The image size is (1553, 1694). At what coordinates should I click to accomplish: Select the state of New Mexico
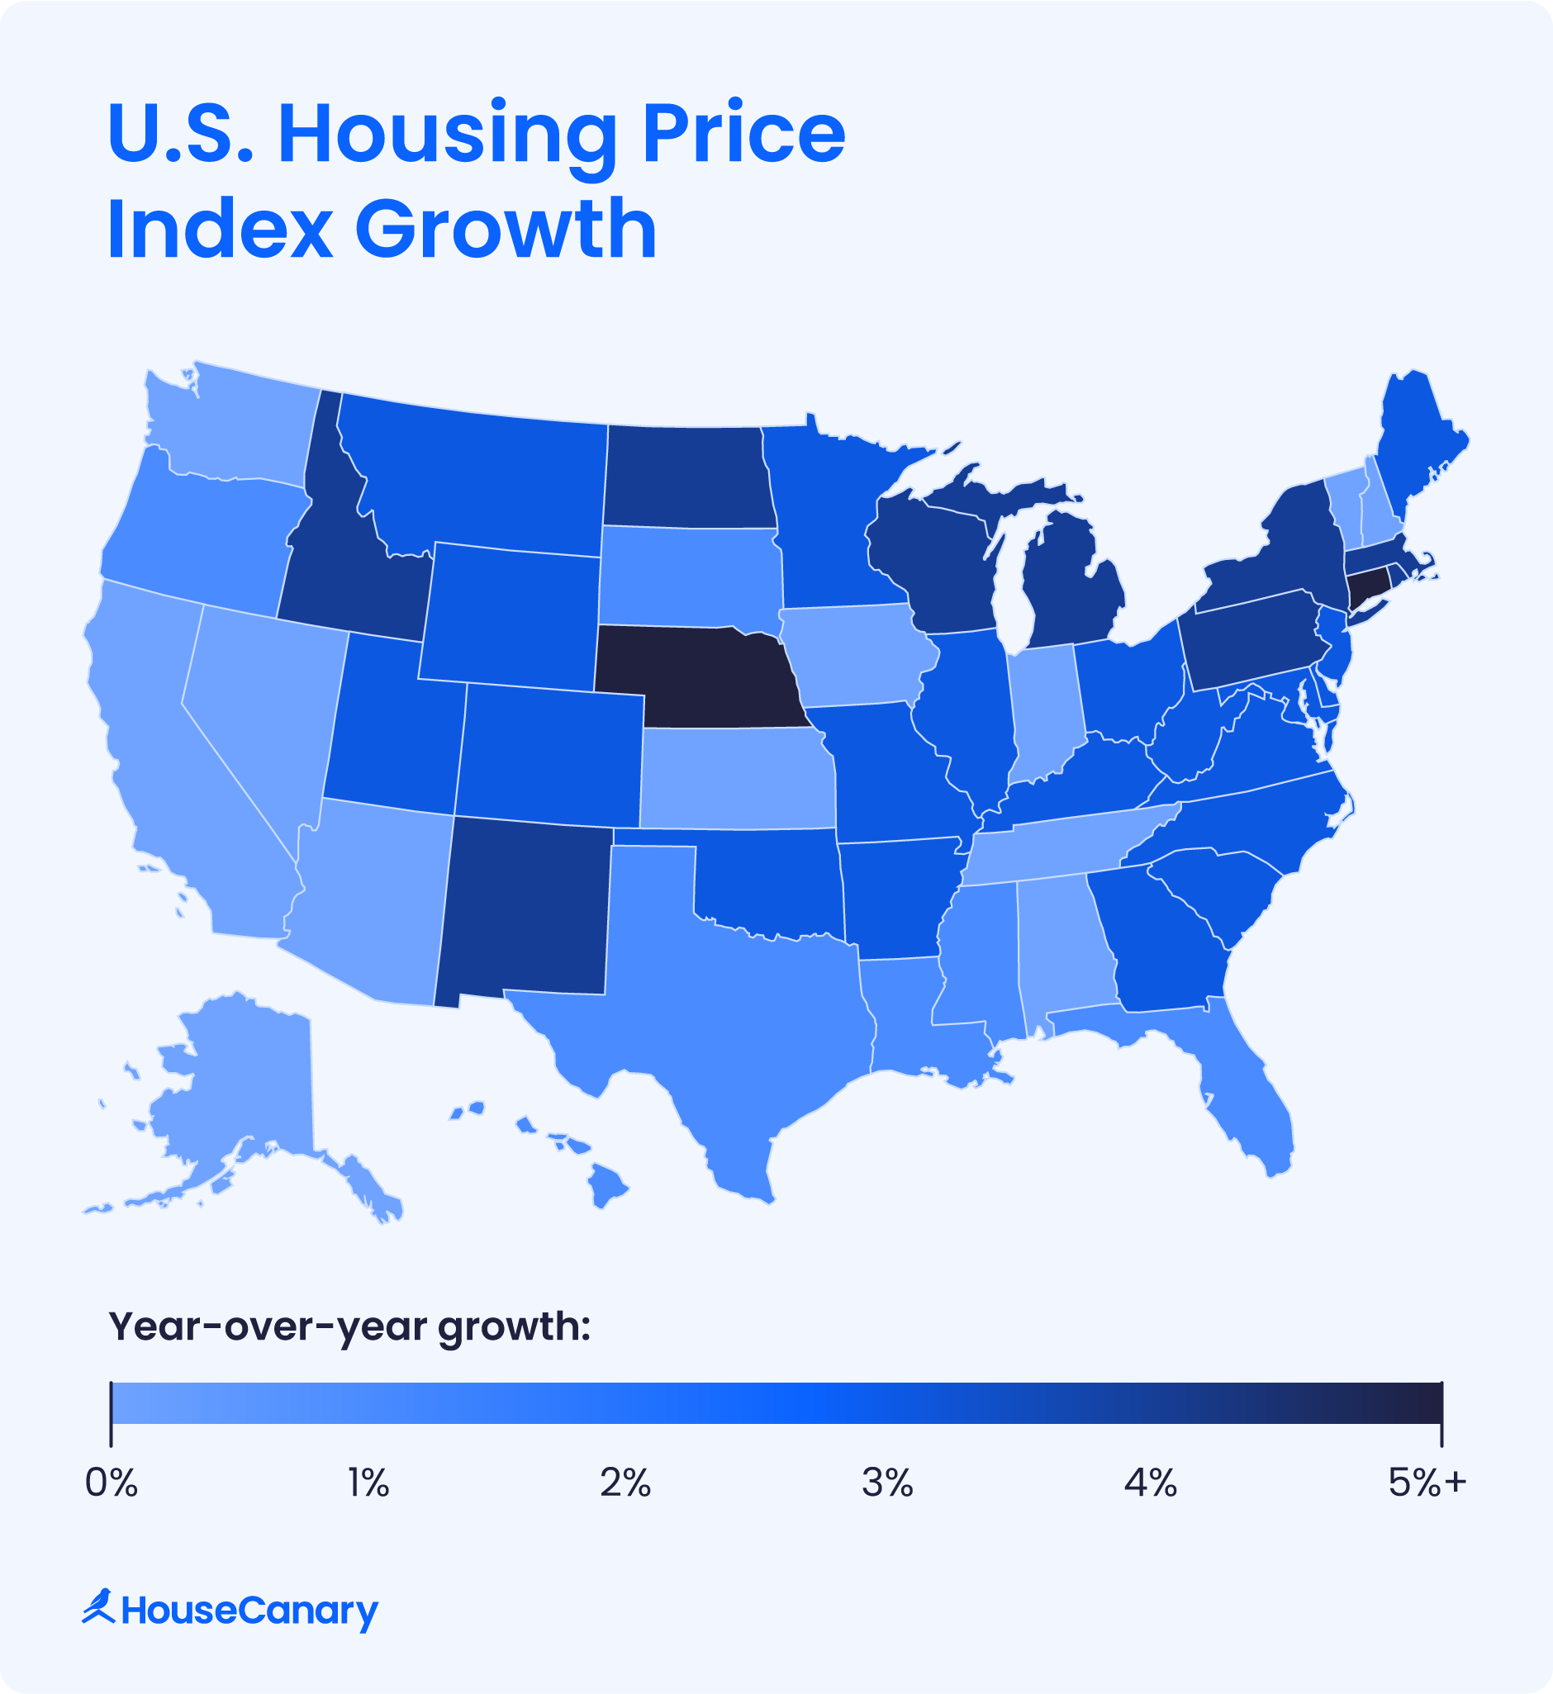525,912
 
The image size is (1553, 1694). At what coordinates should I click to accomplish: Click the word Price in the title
743,135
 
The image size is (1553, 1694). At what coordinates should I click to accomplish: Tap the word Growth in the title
505,229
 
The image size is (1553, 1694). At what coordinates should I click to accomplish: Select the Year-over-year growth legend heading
349,1326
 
